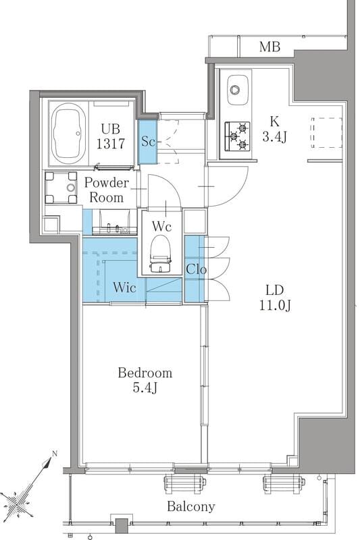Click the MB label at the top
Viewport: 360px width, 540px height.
pyautogui.click(x=269, y=47)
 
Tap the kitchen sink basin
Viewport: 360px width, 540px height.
pyautogui.click(x=238, y=90)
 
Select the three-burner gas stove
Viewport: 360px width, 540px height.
pyautogui.click(x=237, y=136)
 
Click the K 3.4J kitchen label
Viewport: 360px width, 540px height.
pyautogui.click(x=275, y=129)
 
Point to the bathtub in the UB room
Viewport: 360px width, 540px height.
pyautogui.click(x=68, y=134)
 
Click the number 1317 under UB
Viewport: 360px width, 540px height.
pyautogui.click(x=110, y=144)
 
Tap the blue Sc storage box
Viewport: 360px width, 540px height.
pyautogui.click(x=148, y=142)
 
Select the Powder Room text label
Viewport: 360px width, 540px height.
pyautogui.click(x=107, y=190)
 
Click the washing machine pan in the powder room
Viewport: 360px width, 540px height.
pyautogui.click(x=61, y=188)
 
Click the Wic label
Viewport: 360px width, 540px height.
pyautogui.click(x=124, y=288)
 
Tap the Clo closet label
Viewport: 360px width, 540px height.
pyautogui.click(x=196, y=269)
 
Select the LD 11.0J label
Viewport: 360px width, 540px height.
pyautogui.click(x=275, y=298)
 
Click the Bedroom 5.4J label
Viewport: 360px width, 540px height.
pyautogui.click(x=145, y=380)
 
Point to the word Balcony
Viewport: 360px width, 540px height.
pyautogui.click(x=191, y=507)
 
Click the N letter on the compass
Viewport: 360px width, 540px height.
pyautogui.click(x=54, y=454)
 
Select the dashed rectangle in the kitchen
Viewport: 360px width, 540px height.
pyautogui.click(x=326, y=132)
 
